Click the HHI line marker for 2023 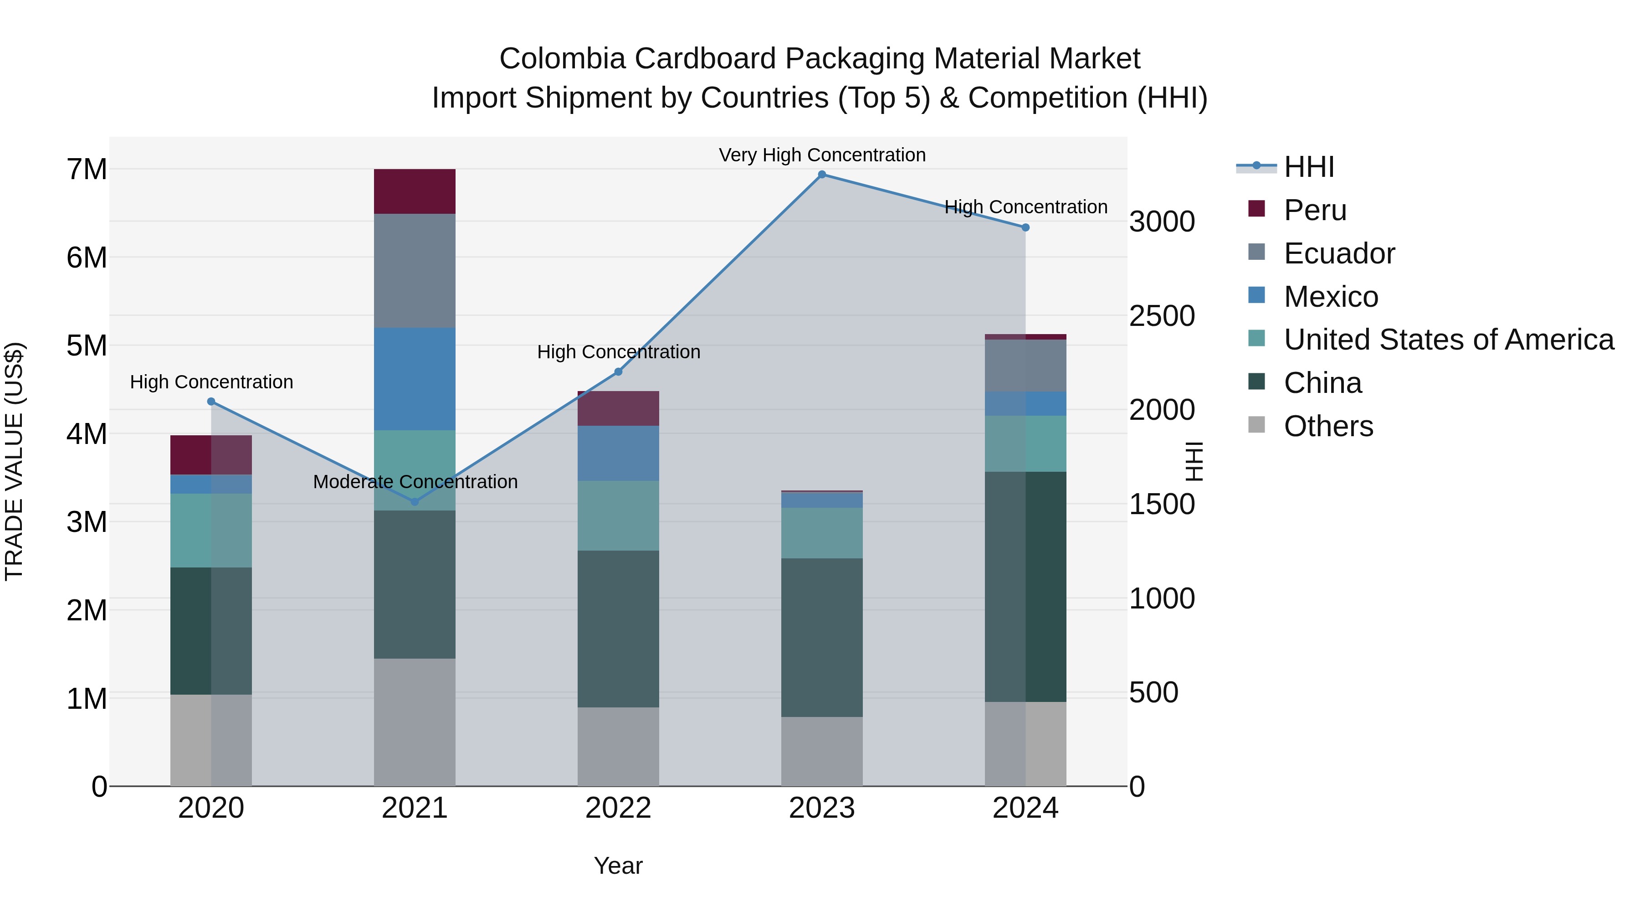[x=821, y=175]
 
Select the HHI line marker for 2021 [x=415, y=502]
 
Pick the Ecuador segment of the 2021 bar [x=415, y=271]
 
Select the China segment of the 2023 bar [x=821, y=637]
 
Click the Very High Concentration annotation [x=821, y=155]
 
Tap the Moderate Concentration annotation [x=415, y=482]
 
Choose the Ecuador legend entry [x=1339, y=253]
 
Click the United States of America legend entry [x=1448, y=340]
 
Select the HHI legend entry [x=1308, y=167]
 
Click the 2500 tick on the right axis [x=1162, y=316]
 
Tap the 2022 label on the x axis [x=618, y=808]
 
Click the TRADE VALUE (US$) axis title [x=14, y=461]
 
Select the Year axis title [x=618, y=866]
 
